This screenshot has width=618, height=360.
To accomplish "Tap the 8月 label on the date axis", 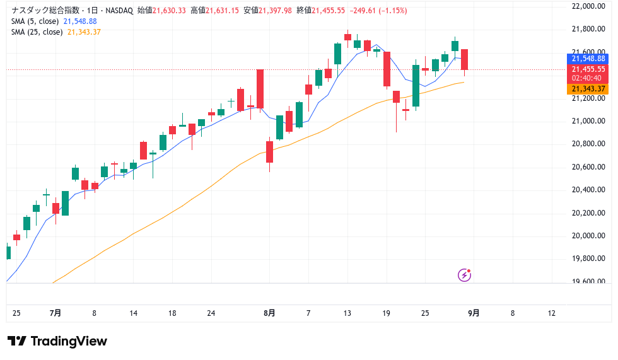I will [270, 313].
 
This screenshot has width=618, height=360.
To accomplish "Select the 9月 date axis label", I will [474, 313].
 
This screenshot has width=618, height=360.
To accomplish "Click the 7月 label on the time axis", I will [55, 313].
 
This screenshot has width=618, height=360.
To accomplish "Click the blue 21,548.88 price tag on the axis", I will [588, 58].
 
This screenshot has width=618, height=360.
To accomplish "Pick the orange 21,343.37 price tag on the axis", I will [588, 89].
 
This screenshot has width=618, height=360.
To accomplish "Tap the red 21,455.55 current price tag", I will [588, 69].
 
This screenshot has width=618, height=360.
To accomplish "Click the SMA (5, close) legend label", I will [36, 21].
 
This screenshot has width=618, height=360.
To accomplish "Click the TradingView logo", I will [57, 341].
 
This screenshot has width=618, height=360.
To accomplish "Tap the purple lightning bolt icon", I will [464, 275].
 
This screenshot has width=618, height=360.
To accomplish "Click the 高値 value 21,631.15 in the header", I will [221, 11].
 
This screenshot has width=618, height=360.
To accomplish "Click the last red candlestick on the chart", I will [464, 59].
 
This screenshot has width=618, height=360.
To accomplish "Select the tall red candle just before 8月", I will [260, 88].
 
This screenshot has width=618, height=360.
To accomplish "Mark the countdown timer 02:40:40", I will [586, 78].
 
